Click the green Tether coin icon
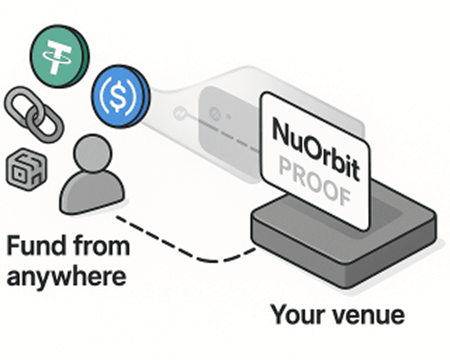(59, 54)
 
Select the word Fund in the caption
(36, 246)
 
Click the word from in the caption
(98, 246)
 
